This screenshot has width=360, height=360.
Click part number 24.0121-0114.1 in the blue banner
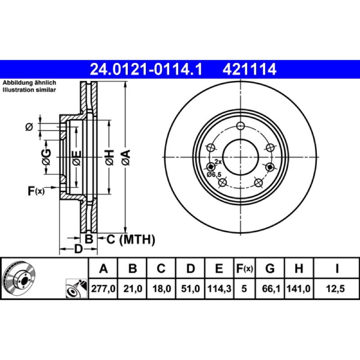[x=146, y=69]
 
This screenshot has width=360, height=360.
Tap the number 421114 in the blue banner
[x=249, y=69]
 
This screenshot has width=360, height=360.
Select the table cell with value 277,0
[x=103, y=288]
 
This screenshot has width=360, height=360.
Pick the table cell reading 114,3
[x=219, y=288]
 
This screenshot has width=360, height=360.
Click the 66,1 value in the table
[x=270, y=288]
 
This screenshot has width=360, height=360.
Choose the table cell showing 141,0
[x=299, y=288]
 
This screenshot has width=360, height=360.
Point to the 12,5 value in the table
[x=336, y=288]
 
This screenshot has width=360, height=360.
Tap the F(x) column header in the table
[x=244, y=268]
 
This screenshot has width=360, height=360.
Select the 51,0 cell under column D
[x=190, y=288]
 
